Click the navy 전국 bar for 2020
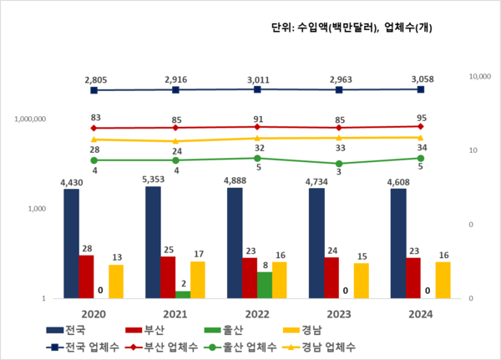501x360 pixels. click(72, 243)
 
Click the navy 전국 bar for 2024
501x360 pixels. click(398, 243)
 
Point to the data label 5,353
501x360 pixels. click(154, 179)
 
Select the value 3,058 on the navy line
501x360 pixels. click(421, 78)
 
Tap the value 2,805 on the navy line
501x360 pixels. click(95, 79)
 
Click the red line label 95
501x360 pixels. click(421, 117)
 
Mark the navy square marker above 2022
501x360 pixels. click(258, 89)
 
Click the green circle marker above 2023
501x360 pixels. click(340, 164)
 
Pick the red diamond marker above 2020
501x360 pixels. click(94, 129)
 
